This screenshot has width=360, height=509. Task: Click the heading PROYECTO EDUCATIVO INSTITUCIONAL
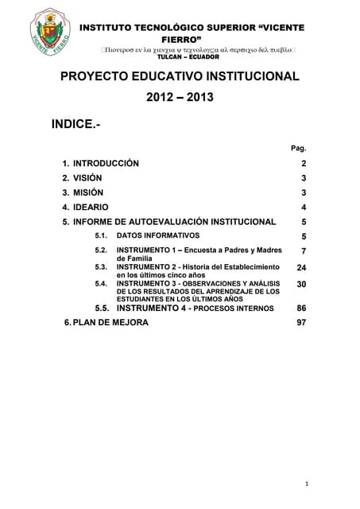pyautogui.click(x=180, y=76)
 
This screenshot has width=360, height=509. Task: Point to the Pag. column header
pyautogui.click(x=299, y=148)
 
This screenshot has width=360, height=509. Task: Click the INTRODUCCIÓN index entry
pyautogui.click(x=106, y=163)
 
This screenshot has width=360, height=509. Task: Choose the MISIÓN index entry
pyautogui.click(x=87, y=192)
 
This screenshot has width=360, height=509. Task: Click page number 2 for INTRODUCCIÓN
pyautogui.click(x=304, y=163)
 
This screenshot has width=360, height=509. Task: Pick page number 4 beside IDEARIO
pyautogui.click(x=304, y=208)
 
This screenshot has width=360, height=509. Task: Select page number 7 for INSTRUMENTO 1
pyautogui.click(x=304, y=251)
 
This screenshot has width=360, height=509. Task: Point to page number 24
pyautogui.click(x=301, y=268)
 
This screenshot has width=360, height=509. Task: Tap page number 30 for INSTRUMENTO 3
pyautogui.click(x=301, y=283)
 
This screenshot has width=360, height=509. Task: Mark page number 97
pyautogui.click(x=301, y=323)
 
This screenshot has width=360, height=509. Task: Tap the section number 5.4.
pyautogui.click(x=101, y=283)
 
